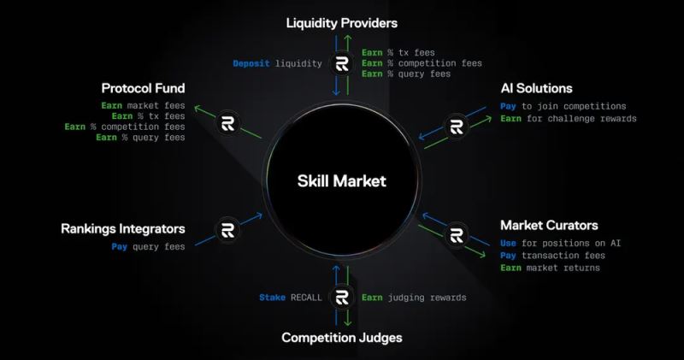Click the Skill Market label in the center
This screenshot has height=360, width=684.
[342, 180]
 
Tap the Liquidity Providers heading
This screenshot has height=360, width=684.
[342, 22]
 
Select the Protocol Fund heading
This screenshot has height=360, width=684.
[144, 88]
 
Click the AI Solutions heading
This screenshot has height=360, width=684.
[536, 88]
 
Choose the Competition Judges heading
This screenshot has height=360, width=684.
[342, 338]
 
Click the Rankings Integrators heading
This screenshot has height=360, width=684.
[123, 229]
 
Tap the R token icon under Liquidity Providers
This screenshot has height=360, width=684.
[342, 63]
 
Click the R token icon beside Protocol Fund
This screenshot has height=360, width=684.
[228, 121]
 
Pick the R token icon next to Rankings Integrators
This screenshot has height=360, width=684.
[227, 230]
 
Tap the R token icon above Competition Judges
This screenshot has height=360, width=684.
[342, 298]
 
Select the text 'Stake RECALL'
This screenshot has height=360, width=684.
[291, 298]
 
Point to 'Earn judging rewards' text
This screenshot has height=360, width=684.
[413, 298]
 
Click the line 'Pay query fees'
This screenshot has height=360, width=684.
[148, 247]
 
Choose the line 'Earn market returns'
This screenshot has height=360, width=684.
[551, 269]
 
